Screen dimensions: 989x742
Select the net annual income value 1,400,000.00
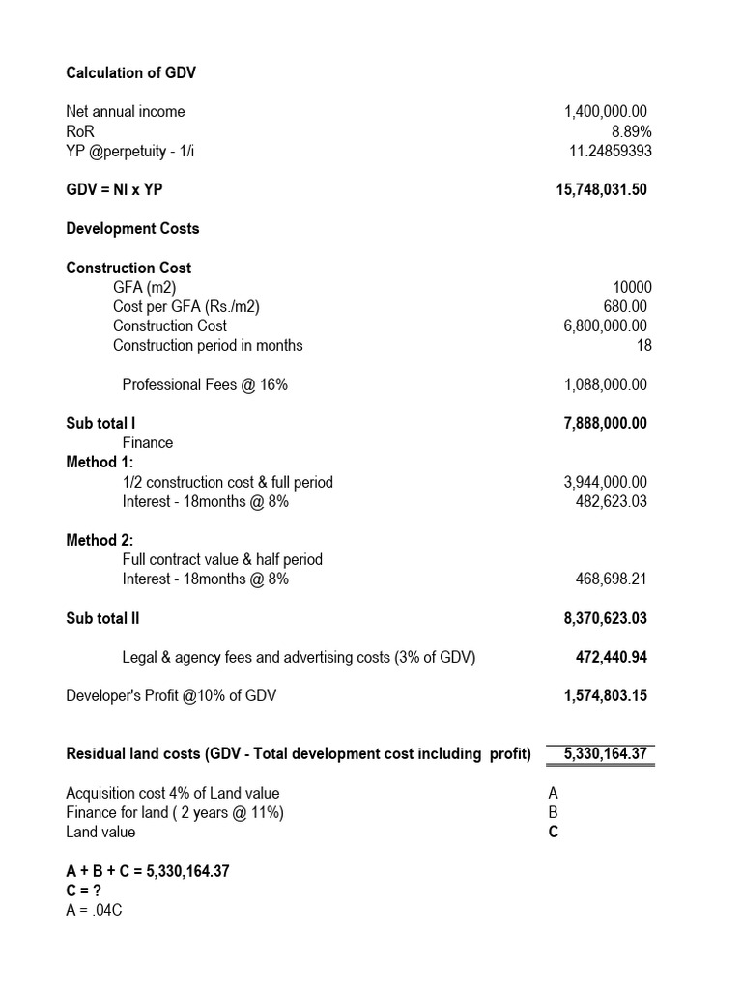point(606,112)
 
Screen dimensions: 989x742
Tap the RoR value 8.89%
point(629,131)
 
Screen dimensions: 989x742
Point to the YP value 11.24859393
point(611,151)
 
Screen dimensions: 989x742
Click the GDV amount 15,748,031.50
point(596,189)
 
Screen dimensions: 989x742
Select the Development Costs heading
point(132,228)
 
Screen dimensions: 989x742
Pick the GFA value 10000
point(632,287)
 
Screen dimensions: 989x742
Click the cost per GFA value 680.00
point(626,306)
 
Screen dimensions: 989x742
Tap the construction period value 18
point(643,345)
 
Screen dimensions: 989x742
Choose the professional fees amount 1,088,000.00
point(606,384)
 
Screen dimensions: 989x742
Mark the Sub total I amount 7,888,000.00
point(605,423)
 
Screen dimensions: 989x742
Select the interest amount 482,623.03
point(612,500)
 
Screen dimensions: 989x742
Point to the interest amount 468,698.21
point(612,579)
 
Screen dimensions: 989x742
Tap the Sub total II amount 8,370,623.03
point(605,618)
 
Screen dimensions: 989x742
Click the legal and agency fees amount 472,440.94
point(612,657)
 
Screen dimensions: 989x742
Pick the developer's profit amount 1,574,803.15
point(605,695)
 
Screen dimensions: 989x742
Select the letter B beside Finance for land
point(554,812)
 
